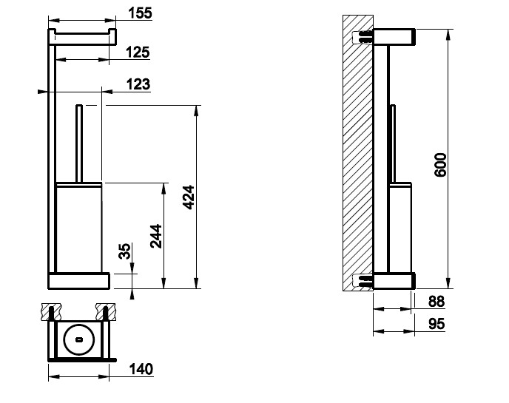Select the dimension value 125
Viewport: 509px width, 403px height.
click(x=138, y=52)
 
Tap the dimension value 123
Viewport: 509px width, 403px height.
click(x=138, y=84)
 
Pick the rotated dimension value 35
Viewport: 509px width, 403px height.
click(x=125, y=253)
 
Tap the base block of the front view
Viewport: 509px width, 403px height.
click(x=79, y=280)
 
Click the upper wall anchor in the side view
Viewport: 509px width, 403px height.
click(x=365, y=35)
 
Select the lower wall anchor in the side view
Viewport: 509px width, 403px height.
click(x=365, y=280)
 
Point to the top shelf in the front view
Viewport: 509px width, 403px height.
click(x=81, y=35)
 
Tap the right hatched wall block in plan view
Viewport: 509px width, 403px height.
click(x=105, y=308)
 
